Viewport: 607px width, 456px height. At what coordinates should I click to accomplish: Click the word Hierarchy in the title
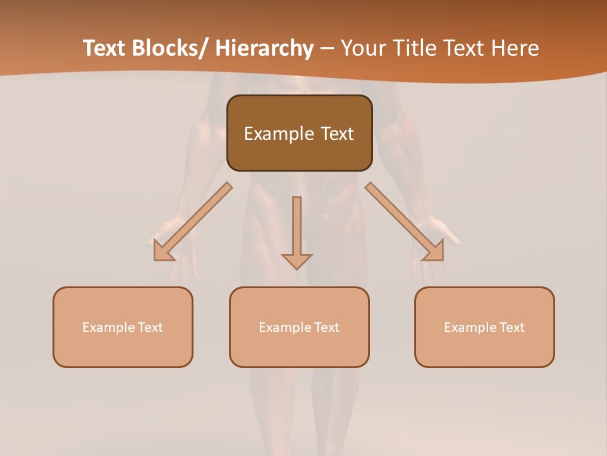click(x=264, y=49)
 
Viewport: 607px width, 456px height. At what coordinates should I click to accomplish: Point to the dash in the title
click(x=327, y=49)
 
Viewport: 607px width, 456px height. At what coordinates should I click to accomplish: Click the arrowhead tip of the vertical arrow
click(x=297, y=267)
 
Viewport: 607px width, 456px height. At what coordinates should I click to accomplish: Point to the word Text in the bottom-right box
click(x=512, y=327)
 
